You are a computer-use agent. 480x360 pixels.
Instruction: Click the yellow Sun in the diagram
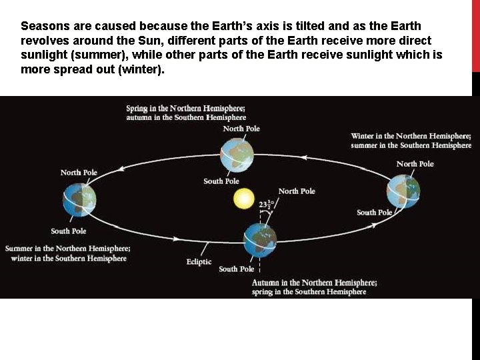(x=244, y=198)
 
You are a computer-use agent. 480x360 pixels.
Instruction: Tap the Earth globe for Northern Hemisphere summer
(x=80, y=199)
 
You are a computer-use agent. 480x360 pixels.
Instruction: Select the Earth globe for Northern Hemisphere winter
(x=403, y=191)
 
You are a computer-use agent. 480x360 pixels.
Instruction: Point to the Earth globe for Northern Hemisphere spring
(x=238, y=154)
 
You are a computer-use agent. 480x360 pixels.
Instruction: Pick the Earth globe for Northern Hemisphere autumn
(x=260, y=240)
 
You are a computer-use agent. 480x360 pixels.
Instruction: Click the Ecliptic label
(x=199, y=262)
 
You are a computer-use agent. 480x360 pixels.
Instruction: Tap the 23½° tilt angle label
(x=267, y=204)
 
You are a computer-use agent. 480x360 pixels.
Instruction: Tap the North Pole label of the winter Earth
(x=415, y=164)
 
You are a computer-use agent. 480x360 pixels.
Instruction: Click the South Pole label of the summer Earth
(x=69, y=231)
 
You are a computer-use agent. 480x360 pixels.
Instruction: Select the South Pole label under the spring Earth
(x=221, y=181)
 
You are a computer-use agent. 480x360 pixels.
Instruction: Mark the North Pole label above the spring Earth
(x=241, y=129)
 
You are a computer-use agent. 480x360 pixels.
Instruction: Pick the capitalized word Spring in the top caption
(x=137, y=109)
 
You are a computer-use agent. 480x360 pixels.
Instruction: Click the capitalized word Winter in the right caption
(x=364, y=136)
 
